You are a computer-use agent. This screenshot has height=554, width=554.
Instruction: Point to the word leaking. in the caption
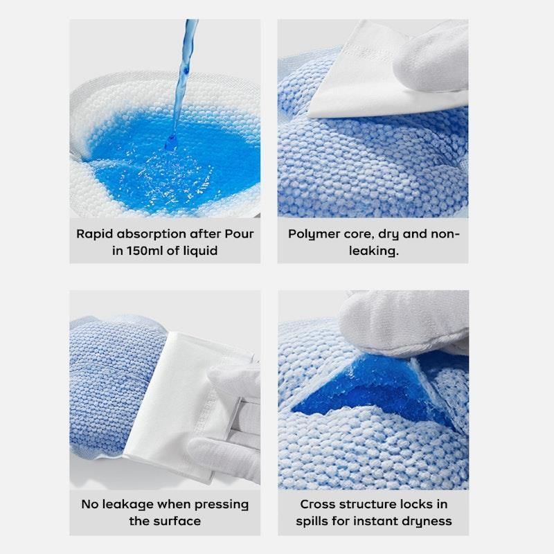click(x=374, y=251)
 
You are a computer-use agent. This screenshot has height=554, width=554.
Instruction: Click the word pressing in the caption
click(x=222, y=505)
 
